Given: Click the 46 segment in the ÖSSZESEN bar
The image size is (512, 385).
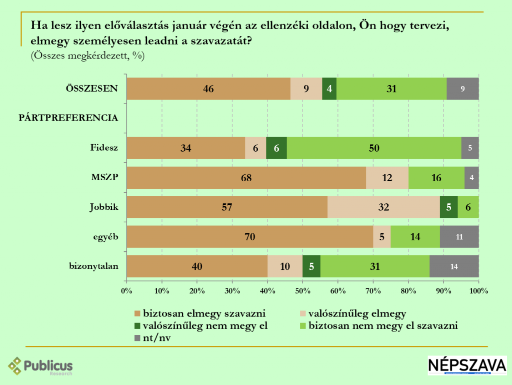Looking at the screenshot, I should pos(208,89).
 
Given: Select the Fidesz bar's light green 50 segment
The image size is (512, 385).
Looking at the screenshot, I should pos(374,148).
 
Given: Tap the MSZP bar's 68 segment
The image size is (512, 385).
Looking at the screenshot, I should pos(246,178).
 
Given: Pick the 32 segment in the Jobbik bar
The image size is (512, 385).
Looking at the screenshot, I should pos(383,207).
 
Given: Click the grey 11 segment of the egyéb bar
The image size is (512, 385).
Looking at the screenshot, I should pos(459,237).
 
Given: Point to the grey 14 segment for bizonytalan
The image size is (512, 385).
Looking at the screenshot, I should pos(454,266).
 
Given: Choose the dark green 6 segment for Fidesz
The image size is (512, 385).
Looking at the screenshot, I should pos(276,148).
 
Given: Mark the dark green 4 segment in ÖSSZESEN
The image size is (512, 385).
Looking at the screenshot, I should pos(329,89).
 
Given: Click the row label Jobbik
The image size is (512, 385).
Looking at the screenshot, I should pos(104,207).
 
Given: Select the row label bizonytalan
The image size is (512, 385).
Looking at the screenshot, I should pos(93,266).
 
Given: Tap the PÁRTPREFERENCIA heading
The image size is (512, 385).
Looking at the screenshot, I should pos(68,118).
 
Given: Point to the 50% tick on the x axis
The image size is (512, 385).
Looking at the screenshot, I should pos(302,290).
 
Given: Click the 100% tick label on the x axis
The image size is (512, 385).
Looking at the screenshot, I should pos(478,290).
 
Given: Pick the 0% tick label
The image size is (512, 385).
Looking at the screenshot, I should pos(126,290).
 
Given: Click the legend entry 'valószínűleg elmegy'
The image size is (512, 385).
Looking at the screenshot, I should pos(357,314).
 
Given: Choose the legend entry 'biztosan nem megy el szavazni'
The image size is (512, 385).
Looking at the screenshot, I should pos(383,326).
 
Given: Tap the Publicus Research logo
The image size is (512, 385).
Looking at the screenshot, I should pos(41,366).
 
